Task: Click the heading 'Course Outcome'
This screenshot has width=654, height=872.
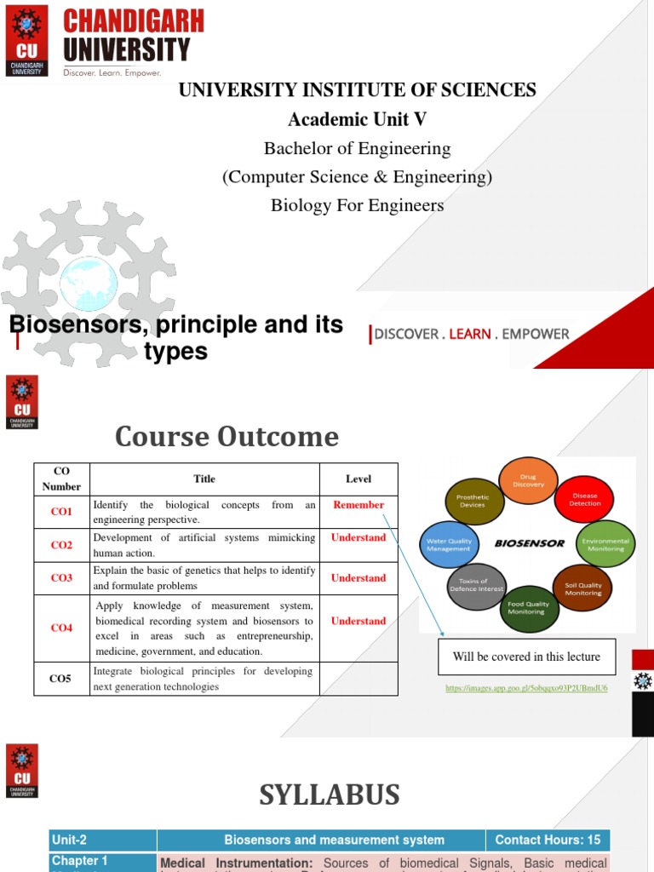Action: (x=227, y=437)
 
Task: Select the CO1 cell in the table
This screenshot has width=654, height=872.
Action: (x=61, y=512)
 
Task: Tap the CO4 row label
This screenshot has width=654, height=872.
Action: (x=61, y=628)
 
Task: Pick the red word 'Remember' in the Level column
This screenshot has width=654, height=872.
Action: (x=359, y=505)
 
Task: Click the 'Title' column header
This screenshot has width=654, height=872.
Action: (x=204, y=479)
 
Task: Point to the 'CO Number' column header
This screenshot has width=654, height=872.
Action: (x=61, y=479)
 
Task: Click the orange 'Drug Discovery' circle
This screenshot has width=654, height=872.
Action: (x=528, y=481)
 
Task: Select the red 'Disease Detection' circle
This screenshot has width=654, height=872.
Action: (x=584, y=500)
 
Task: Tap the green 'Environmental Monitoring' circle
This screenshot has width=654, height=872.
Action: (x=605, y=544)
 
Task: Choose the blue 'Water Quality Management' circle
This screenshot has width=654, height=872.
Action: (x=449, y=544)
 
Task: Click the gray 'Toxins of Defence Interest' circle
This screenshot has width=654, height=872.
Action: (x=476, y=586)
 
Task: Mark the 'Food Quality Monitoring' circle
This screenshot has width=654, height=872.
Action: (x=529, y=608)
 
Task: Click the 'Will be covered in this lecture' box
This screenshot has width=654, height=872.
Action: (x=526, y=657)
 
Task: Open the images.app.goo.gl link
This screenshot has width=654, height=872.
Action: (x=526, y=687)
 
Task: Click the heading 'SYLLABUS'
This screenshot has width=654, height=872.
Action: (x=329, y=795)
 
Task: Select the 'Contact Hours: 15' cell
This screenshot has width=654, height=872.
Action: (x=548, y=840)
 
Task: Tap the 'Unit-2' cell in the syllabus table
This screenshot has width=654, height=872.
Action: (x=103, y=840)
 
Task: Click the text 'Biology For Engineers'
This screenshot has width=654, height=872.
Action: (x=357, y=205)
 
